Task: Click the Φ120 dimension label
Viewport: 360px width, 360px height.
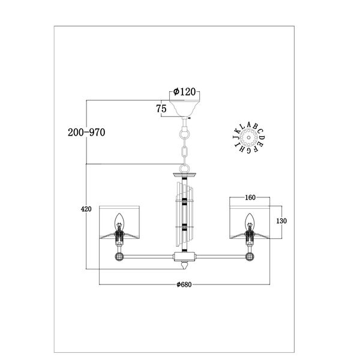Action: (x=184, y=92)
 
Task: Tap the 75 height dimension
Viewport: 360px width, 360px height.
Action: (x=161, y=109)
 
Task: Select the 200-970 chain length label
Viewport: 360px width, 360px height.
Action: (x=86, y=133)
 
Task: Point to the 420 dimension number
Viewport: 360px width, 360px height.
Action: (x=86, y=209)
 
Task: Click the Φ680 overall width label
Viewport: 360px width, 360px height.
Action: (x=184, y=284)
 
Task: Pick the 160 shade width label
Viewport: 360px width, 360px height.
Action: (x=250, y=197)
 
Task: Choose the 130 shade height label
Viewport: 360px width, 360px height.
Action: (x=281, y=221)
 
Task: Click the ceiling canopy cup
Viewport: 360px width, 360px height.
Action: (x=184, y=109)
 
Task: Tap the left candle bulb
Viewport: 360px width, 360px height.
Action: (x=119, y=221)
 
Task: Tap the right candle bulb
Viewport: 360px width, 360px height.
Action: (x=250, y=221)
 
